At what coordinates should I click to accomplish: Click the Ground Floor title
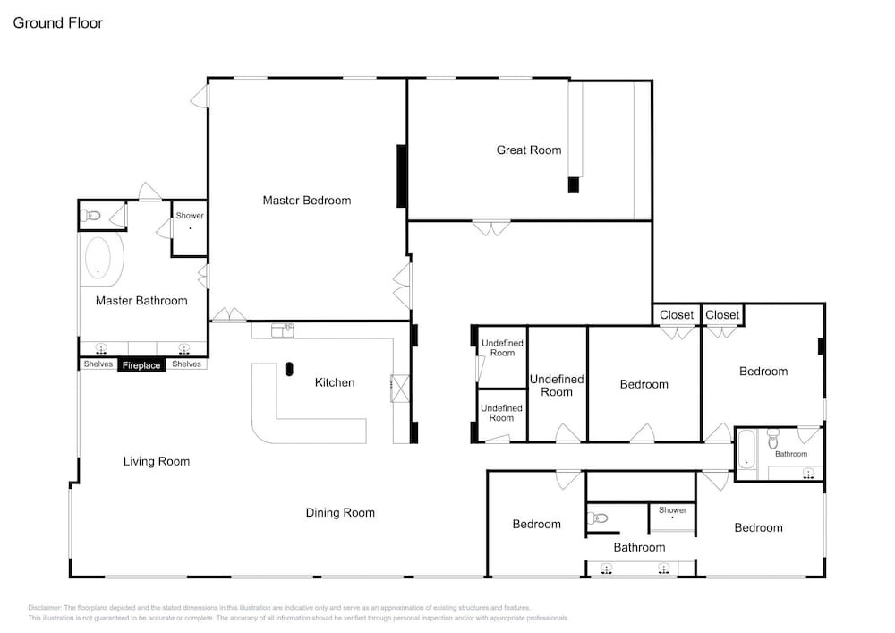click(57, 23)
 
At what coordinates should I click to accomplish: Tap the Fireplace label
click(141, 365)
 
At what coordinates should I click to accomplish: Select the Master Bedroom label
click(306, 201)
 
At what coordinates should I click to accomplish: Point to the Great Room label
click(529, 150)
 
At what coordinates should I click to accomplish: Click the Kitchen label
click(335, 382)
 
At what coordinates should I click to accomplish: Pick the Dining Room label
click(340, 512)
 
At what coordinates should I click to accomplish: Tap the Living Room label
click(157, 461)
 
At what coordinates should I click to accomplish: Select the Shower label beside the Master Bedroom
click(190, 216)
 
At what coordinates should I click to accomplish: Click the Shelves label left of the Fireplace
click(98, 364)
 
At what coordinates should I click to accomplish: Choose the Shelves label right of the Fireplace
click(187, 364)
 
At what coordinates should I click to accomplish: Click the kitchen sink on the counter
click(283, 329)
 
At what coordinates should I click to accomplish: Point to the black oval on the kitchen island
click(289, 369)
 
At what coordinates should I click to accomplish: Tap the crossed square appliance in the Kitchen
click(400, 389)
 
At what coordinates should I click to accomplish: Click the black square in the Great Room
click(574, 185)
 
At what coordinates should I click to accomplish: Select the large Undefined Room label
click(557, 385)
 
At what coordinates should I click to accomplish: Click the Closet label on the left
click(677, 315)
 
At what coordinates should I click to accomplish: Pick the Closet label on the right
click(722, 314)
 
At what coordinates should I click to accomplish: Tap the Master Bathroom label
click(141, 301)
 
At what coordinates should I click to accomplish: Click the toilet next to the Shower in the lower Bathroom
click(597, 518)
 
